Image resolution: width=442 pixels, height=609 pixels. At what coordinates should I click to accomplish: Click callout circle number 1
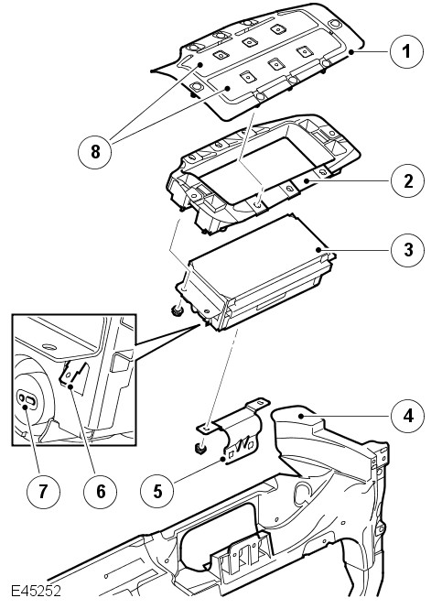pos(406,51)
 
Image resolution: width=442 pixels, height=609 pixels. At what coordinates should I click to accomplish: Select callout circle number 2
pos(408,181)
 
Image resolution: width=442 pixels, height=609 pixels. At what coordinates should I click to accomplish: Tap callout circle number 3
pos(408,250)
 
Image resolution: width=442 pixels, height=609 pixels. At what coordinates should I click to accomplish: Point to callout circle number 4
pos(408,416)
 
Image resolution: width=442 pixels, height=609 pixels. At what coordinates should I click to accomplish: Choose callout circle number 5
pos(157,491)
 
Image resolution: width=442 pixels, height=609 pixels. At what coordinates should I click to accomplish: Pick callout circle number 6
pos(100,492)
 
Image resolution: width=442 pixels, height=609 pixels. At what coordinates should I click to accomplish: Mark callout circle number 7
pos(43,492)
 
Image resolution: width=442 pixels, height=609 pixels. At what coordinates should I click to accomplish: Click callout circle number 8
pos(95,151)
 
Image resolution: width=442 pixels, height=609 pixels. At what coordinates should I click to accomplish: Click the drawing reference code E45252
pos(36,591)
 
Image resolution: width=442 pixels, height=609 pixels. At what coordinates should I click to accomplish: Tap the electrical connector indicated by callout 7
pos(27,398)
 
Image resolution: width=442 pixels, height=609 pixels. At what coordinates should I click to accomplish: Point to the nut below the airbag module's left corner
pos(178,310)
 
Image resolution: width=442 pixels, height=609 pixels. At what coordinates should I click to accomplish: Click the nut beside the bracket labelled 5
pos(199,450)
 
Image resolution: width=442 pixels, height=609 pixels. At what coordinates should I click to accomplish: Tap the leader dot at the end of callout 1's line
pos(351,51)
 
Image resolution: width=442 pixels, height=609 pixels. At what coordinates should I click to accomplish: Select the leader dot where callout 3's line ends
pos(320,250)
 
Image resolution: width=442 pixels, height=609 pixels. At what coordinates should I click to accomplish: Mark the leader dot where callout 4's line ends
pos(301,416)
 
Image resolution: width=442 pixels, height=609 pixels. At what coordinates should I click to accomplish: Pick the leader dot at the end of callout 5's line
pos(222,460)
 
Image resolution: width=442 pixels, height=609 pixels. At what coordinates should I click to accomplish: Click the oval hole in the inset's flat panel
pos(49,346)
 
